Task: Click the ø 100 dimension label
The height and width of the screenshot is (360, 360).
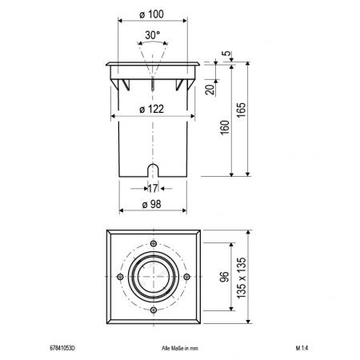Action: click(152, 16)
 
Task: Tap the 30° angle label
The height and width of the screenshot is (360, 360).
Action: click(152, 35)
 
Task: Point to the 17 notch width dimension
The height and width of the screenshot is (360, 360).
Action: click(152, 188)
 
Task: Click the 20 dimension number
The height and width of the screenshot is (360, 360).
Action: click(209, 89)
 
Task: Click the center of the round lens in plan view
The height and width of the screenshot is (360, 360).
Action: click(153, 276)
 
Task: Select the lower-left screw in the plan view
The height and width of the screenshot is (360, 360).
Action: click(119, 310)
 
